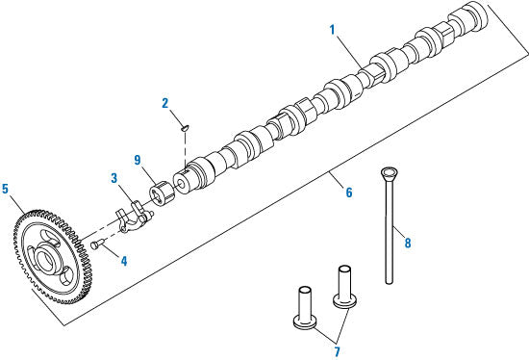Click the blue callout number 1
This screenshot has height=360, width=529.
(333, 30)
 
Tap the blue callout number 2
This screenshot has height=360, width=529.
(165, 103)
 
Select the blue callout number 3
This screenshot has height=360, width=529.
(114, 178)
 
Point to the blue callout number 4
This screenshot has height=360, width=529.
(124, 261)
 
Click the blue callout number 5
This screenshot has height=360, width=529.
(5, 189)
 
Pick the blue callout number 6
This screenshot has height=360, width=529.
(349, 193)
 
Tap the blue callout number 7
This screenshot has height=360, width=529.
(337, 351)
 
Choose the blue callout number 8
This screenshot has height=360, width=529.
(408, 243)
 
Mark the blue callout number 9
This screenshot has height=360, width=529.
(138, 160)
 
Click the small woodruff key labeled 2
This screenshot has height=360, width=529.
(185, 128)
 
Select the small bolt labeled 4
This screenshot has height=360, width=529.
(96, 244)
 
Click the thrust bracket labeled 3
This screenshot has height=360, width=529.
(134, 217)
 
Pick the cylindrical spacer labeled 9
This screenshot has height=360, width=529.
(162, 193)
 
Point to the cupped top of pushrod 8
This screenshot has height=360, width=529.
(389, 173)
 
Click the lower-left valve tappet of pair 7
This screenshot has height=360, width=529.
(305, 307)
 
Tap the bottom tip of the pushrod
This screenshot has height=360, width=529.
(390, 282)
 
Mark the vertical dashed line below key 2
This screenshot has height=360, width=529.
(186, 148)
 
